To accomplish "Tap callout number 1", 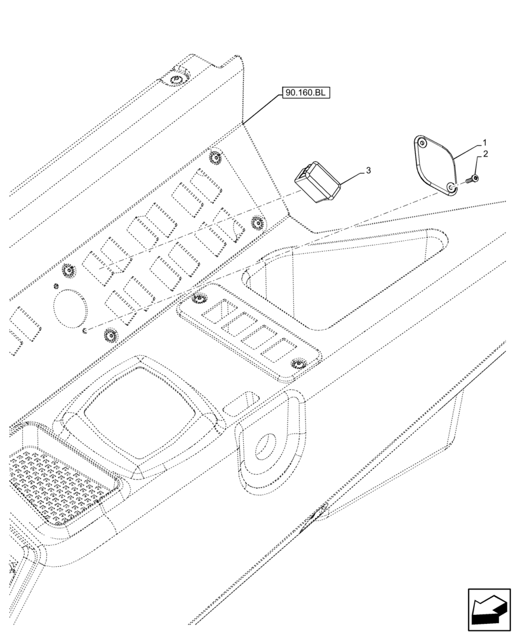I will pos(484,143).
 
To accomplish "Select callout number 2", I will pos(484,154).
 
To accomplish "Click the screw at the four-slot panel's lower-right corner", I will pos(296,363).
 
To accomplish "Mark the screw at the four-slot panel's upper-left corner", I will pos(197,297).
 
